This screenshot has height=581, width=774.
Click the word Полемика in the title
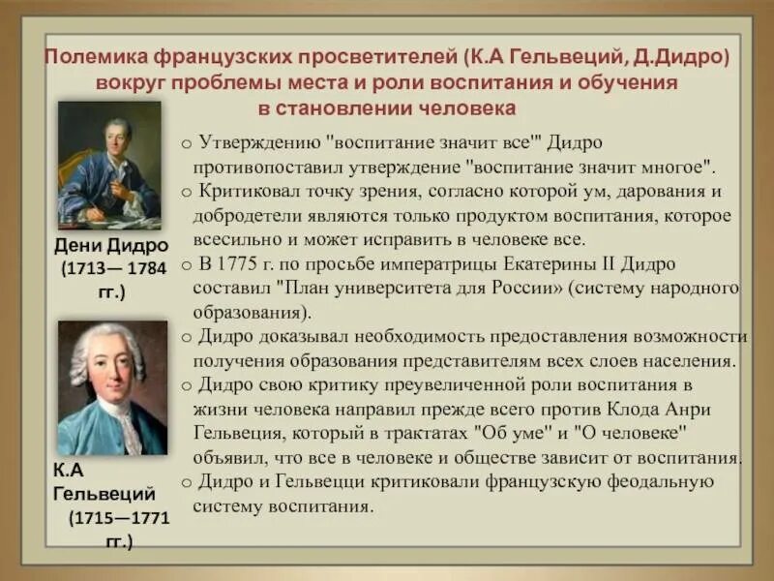tap(96, 57)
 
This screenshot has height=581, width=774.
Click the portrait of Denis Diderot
tap(109, 164)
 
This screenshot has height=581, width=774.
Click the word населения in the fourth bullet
tap(695, 360)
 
